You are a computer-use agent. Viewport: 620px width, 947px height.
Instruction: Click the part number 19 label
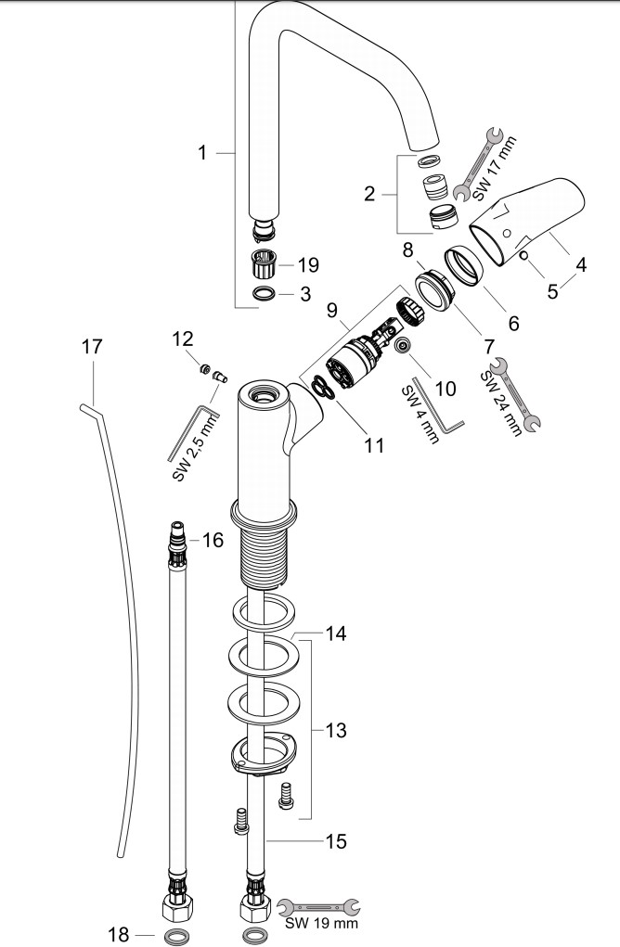308,265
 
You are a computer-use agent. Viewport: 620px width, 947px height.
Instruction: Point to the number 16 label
213,540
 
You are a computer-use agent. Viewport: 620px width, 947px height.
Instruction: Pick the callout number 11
373,445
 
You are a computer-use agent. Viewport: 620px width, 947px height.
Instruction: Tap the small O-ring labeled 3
264,294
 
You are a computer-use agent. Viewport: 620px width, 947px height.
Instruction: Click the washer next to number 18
174,934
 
